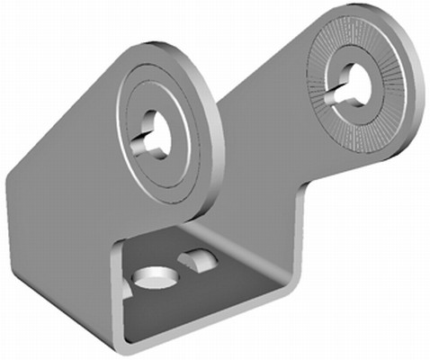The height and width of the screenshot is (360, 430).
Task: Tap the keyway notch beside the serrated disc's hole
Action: click(336, 93)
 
